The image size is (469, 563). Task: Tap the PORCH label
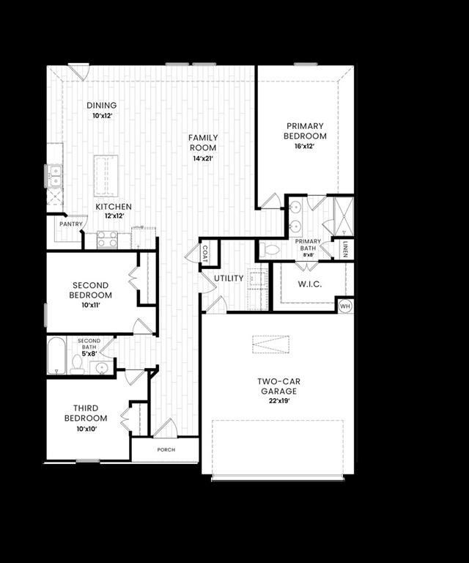coord(166,449)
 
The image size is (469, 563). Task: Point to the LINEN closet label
coord(344,249)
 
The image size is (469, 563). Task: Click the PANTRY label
coord(70,224)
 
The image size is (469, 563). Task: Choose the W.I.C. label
coord(310,283)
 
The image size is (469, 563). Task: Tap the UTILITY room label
coord(229,279)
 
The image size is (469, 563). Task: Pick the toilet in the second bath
coord(77,364)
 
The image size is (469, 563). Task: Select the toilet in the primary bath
coord(269,249)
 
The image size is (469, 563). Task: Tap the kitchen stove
coord(108,238)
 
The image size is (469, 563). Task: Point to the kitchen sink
coord(55,176)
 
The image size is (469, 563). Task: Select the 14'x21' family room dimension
coord(203,158)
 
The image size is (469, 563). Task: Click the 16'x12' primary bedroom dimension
coord(306,146)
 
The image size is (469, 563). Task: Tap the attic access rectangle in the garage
coord(270,344)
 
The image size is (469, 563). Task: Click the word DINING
coord(101,105)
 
